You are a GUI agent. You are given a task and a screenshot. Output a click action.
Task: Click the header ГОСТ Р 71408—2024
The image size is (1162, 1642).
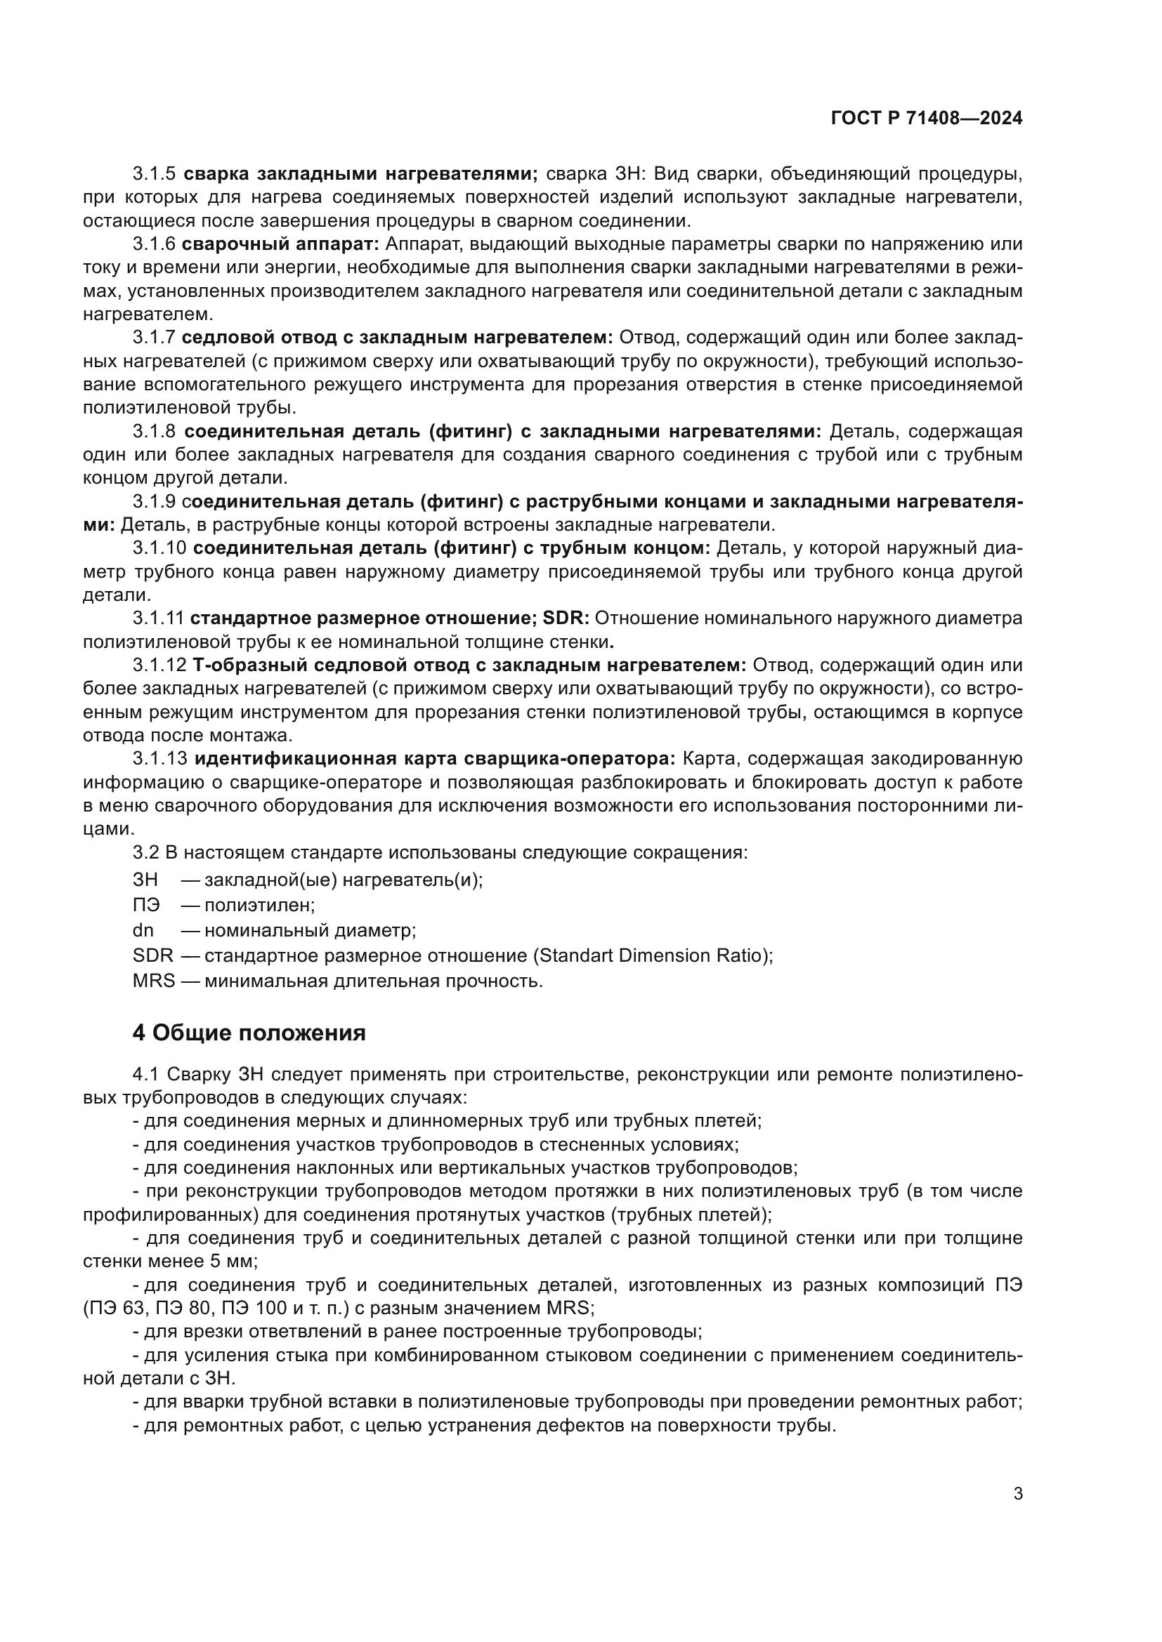point(926,119)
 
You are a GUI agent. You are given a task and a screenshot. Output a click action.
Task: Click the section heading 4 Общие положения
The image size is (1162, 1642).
point(249,1033)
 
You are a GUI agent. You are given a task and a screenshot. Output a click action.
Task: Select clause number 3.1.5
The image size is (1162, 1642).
point(154,174)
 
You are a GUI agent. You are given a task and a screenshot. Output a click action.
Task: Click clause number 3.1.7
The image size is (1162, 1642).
point(154,338)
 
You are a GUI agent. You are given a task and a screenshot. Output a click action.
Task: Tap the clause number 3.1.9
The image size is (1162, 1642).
point(154,502)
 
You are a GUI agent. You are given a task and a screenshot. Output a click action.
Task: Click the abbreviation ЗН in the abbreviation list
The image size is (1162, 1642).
point(145,880)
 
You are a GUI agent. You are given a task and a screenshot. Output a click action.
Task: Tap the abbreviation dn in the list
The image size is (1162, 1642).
point(143,930)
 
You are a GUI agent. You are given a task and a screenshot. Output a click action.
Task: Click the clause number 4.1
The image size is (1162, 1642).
point(146,1074)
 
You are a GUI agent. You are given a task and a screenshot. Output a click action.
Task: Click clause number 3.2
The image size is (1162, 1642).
point(146,852)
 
